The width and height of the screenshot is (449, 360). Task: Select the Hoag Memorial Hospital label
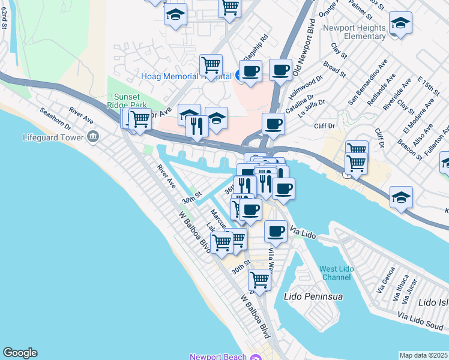click(x=187, y=76)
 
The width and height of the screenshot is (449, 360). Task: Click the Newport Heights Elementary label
click(x=354, y=32)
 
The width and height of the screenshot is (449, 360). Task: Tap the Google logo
click(x=20, y=353)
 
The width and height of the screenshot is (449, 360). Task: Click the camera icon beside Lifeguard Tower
click(x=93, y=137)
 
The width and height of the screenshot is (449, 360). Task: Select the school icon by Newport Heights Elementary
click(x=400, y=24)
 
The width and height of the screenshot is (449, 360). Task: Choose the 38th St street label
click(x=191, y=196)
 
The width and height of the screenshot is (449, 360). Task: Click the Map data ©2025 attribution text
click(x=423, y=355)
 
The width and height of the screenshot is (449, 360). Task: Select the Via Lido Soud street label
click(x=426, y=319)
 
